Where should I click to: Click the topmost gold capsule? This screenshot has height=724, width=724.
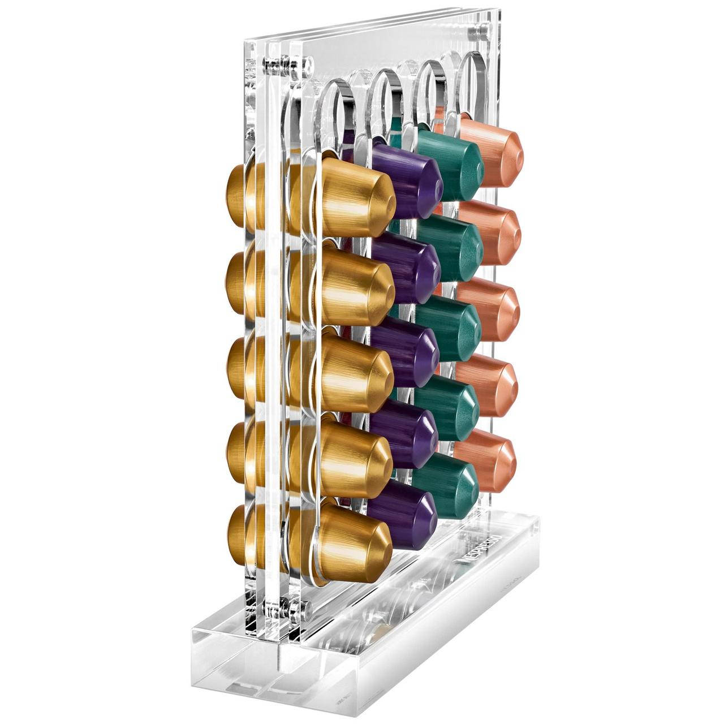point(353,199)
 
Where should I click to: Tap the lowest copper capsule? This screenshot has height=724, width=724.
point(485,460)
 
